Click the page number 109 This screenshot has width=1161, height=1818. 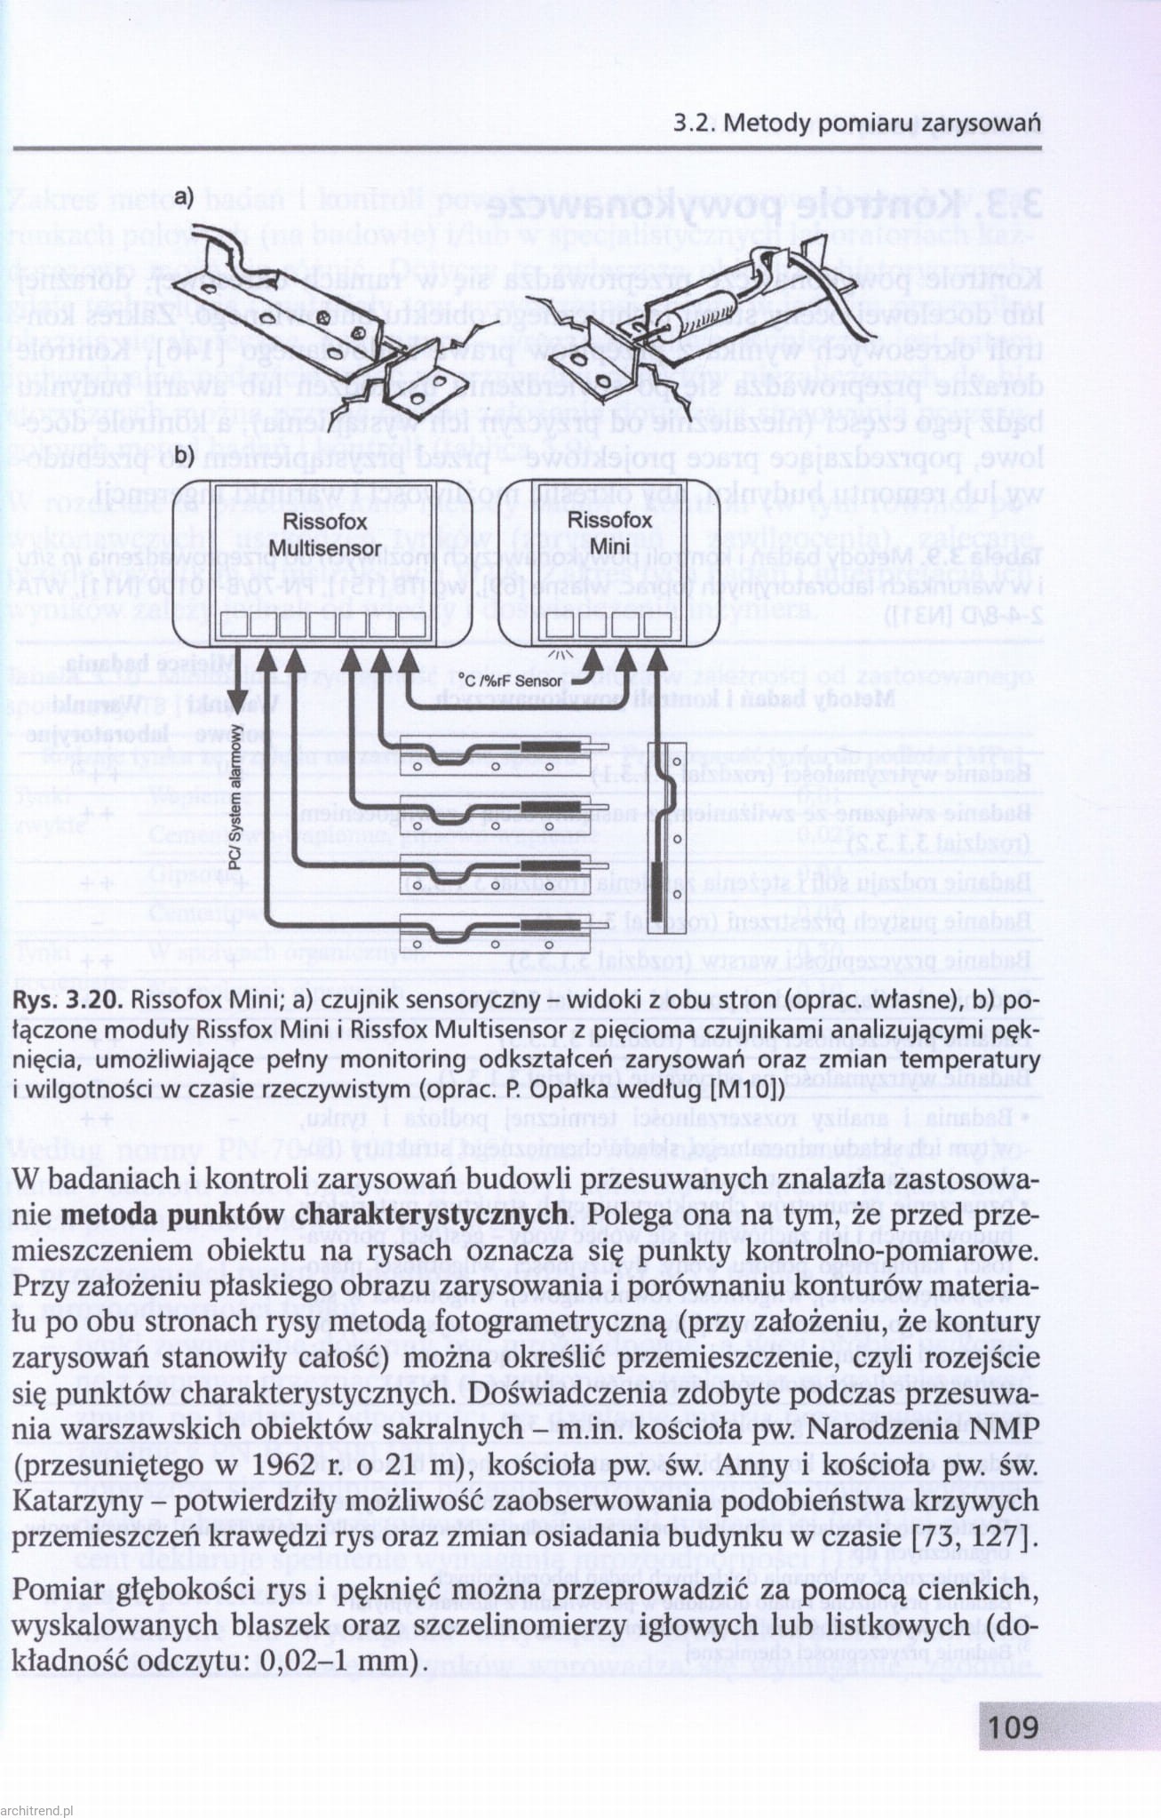pos(1012,1726)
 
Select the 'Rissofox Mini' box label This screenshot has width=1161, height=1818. pos(609,531)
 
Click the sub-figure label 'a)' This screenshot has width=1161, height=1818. pos(184,196)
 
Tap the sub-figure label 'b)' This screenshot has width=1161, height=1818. pos(184,457)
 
